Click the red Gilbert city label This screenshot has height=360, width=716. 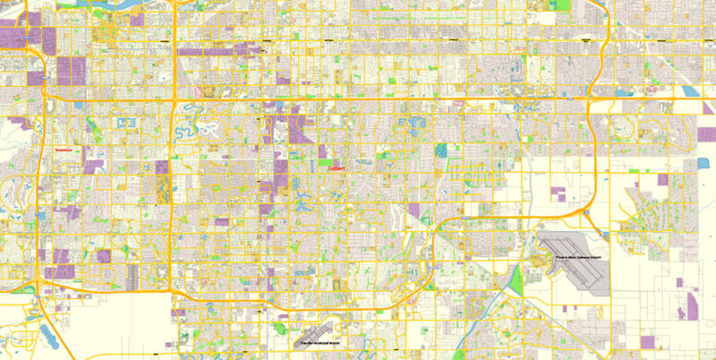click(x=337, y=167)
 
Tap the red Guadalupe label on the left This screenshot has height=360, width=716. click(x=63, y=150)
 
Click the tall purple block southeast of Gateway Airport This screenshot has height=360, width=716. click(x=691, y=304)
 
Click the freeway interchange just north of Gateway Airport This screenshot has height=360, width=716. click(x=586, y=212)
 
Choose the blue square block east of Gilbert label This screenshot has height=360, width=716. click(x=440, y=150)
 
